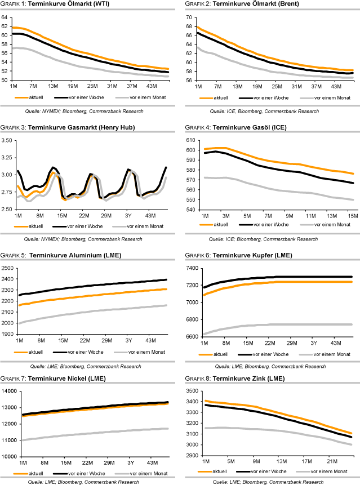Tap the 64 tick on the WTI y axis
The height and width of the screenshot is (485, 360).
pyautogui.click(x=6, y=17)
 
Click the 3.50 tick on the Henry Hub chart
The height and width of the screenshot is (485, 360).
pyautogui.click(x=8, y=140)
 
